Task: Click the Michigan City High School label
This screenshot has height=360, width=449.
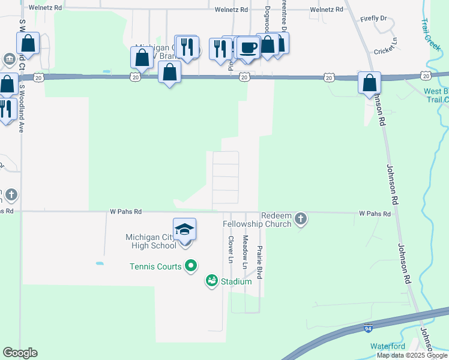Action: tap(151, 241)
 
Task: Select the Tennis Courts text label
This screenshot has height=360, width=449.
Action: tap(155, 266)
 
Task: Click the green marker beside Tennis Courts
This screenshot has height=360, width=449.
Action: tap(191, 265)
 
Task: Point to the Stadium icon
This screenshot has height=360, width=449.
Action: tap(211, 280)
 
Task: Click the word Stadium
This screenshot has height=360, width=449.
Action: tap(236, 281)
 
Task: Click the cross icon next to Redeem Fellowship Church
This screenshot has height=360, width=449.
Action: tap(301, 220)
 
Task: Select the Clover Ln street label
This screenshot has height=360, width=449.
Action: tap(231, 249)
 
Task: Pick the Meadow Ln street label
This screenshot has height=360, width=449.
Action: tap(245, 252)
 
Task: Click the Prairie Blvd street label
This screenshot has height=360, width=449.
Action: tap(259, 261)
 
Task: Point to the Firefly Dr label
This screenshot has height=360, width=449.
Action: tap(374, 19)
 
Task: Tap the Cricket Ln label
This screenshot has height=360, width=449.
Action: tap(386, 51)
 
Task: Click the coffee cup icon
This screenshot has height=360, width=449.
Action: tap(247, 47)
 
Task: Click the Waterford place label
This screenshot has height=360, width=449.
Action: tap(387, 346)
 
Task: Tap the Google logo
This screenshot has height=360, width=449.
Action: tap(20, 353)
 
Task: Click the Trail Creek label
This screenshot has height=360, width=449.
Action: tap(430, 34)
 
